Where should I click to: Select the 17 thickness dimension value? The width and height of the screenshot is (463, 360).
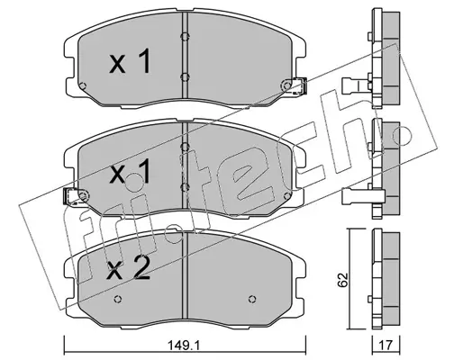coord(386,345)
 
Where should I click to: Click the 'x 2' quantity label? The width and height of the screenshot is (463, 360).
coord(129,269)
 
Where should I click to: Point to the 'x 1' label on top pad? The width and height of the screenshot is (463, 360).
coord(130,61)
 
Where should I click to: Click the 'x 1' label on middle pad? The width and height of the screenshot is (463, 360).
coord(130,171)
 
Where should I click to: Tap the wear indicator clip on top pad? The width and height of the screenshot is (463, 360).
coord(295,86)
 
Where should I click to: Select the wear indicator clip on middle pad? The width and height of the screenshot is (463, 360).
coord(76,196)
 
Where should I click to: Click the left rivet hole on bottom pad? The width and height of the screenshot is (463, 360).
coord(118,299)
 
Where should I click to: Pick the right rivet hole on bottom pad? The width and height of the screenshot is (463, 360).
coord(252,299)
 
